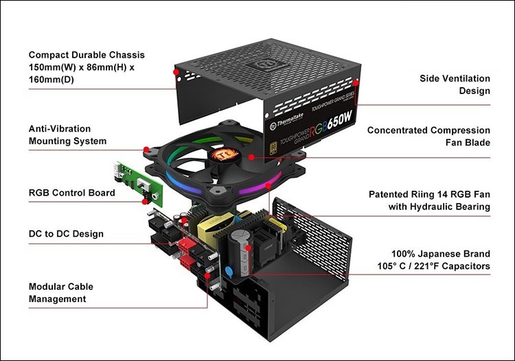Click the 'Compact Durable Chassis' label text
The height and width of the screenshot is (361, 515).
[x=87, y=54]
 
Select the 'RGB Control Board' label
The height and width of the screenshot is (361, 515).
[x=71, y=193]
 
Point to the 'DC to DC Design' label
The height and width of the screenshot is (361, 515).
[x=66, y=234]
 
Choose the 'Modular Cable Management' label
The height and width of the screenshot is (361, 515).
[x=60, y=292]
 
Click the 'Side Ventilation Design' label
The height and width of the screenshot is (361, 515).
[x=455, y=84]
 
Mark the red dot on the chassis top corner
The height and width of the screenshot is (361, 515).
[x=176, y=71]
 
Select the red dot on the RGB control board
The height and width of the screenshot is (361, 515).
[x=145, y=202]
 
